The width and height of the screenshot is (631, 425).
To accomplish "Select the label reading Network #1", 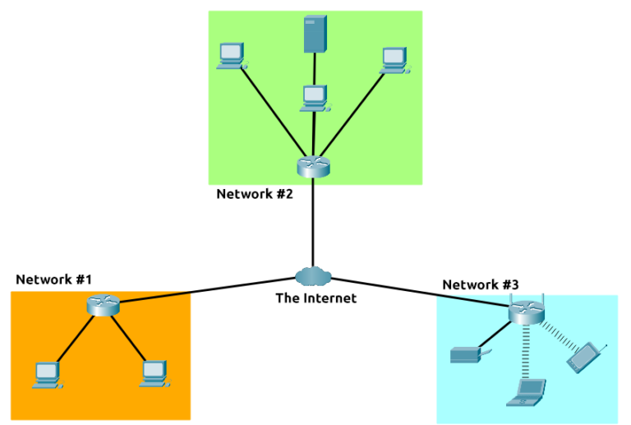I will [53, 279].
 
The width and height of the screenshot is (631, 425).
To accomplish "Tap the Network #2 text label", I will [255, 194].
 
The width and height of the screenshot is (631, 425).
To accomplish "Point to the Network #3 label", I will [481, 284].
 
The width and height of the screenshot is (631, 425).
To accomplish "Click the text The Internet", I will [315, 298].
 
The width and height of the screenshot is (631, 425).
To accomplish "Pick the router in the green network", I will [313, 165].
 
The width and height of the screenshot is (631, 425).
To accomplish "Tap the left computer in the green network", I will [231, 56].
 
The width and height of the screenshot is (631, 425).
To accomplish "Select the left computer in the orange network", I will [46, 375].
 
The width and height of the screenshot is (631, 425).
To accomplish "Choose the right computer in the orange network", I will [154, 374].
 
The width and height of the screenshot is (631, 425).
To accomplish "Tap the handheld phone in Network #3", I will [586, 355].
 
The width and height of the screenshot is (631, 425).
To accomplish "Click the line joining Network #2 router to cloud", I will [313, 222].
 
